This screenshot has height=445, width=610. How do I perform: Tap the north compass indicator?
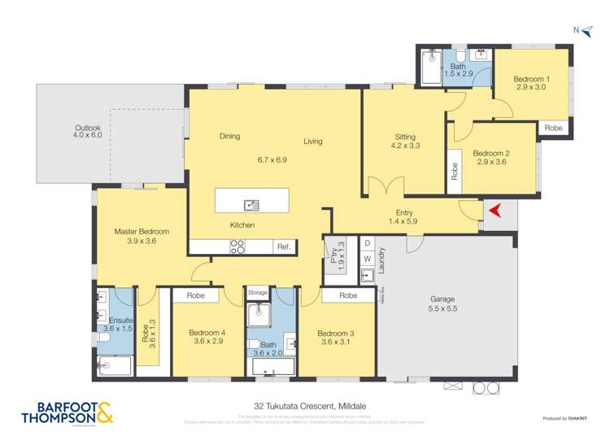point(582,30)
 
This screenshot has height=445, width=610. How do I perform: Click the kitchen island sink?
point(251,204)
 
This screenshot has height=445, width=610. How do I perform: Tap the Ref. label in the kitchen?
point(284,246)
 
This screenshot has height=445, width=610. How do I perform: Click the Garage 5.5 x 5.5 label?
point(442,304)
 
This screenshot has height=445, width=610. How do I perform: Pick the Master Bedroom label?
point(142,237)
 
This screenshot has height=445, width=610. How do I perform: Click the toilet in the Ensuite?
point(104,336)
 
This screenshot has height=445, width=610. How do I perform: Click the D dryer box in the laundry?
point(368,243)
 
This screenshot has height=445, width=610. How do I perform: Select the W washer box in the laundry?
point(368,260)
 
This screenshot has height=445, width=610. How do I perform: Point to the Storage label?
point(258,291)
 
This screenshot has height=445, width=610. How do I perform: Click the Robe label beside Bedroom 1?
point(553,128)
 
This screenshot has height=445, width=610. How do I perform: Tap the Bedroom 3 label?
point(336,338)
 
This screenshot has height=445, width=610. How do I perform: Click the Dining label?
point(229,137)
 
